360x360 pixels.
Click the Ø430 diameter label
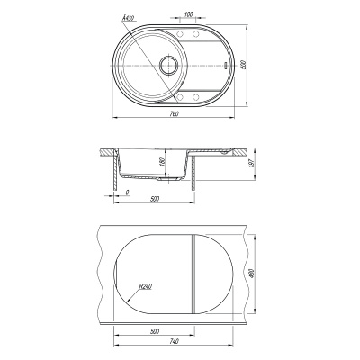[128, 18]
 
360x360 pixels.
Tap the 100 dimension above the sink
[188, 13]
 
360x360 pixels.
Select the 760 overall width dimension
[174, 113]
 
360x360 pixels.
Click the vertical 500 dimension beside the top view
[244, 65]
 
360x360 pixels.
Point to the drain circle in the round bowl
[168, 65]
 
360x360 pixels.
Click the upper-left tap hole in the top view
[181, 33]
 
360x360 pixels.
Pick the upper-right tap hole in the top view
[195, 33]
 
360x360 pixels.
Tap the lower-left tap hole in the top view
[181, 97]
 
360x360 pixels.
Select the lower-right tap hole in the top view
[195, 97]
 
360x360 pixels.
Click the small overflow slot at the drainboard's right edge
[226, 65]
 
